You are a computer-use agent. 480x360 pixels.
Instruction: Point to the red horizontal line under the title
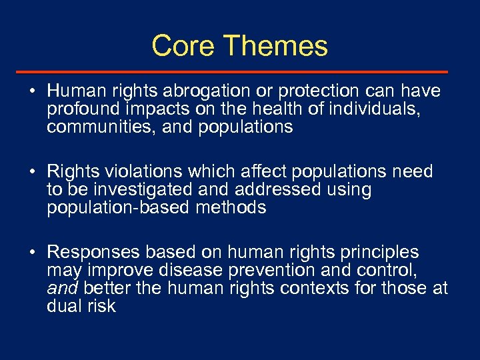(x=240, y=71)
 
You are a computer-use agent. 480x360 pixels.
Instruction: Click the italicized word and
(x=61, y=289)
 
